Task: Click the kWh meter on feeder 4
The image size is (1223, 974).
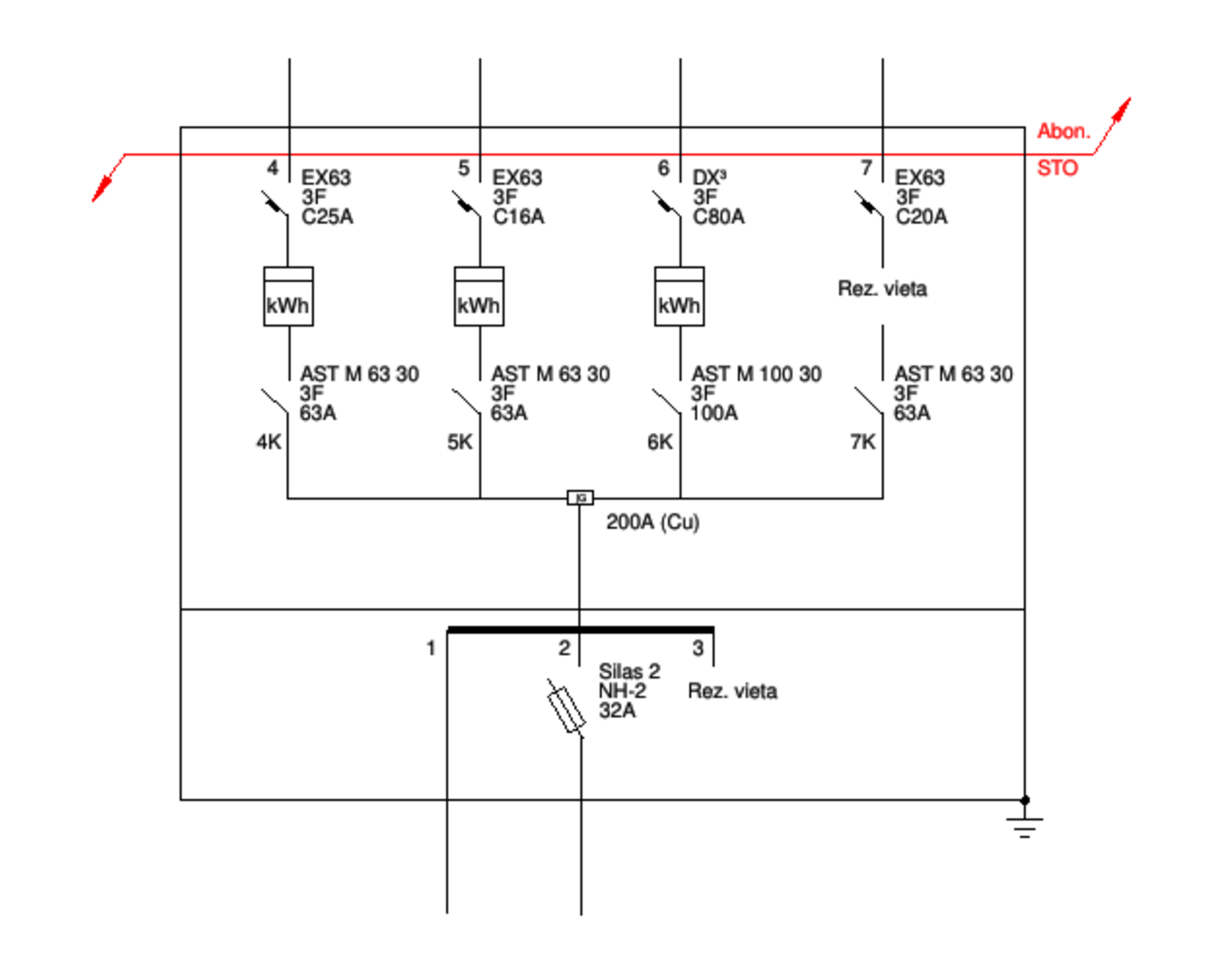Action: [288, 297]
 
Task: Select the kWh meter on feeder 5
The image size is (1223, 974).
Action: [479, 297]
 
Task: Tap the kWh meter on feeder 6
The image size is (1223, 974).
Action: [679, 297]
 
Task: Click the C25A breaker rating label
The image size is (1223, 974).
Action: [327, 217]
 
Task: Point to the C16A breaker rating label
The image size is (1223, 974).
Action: [518, 217]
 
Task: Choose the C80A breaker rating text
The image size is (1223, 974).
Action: [719, 217]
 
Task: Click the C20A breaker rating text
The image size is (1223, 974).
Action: [922, 217]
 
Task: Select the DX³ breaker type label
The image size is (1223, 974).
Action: [710, 178]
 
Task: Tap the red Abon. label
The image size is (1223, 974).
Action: [1064, 131]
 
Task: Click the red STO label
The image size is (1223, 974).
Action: [1057, 168]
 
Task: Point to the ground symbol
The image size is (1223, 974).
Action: [1024, 824]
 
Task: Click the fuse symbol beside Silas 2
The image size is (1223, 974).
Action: [566, 709]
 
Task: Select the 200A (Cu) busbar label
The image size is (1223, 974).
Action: [653, 523]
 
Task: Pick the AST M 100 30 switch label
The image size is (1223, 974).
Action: [756, 374]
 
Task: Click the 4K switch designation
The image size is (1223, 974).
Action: [269, 442]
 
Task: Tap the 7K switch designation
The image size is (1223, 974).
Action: [863, 442]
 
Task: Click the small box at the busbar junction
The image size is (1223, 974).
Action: [580, 498]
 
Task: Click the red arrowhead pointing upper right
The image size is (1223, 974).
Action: [1121, 109]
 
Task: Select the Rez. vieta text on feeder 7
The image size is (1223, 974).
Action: [883, 289]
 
